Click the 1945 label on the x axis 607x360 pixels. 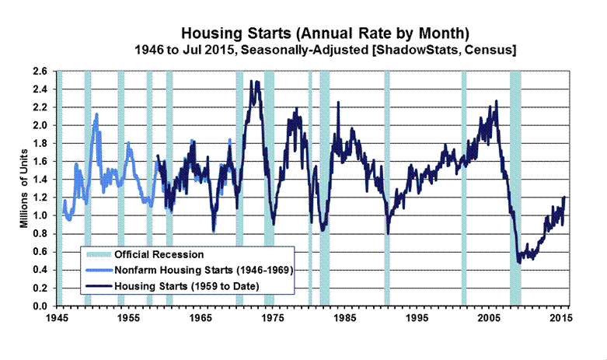pos(56,319)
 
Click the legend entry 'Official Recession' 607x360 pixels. pos(159,254)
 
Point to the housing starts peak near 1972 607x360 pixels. pos(253,82)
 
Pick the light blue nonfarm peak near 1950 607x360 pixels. pos(96,114)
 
